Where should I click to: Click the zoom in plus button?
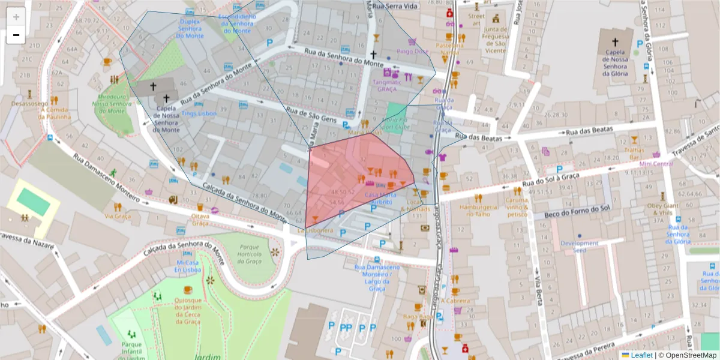click(x=16, y=17)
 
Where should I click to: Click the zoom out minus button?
click(x=16, y=35)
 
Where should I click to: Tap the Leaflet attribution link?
click(x=641, y=355)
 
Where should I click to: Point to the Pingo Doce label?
click(x=411, y=51)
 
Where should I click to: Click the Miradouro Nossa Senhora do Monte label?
click(x=112, y=104)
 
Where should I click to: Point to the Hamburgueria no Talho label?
click(x=478, y=210)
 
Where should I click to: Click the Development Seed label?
click(x=579, y=247)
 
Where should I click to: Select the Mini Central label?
click(x=656, y=163)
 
